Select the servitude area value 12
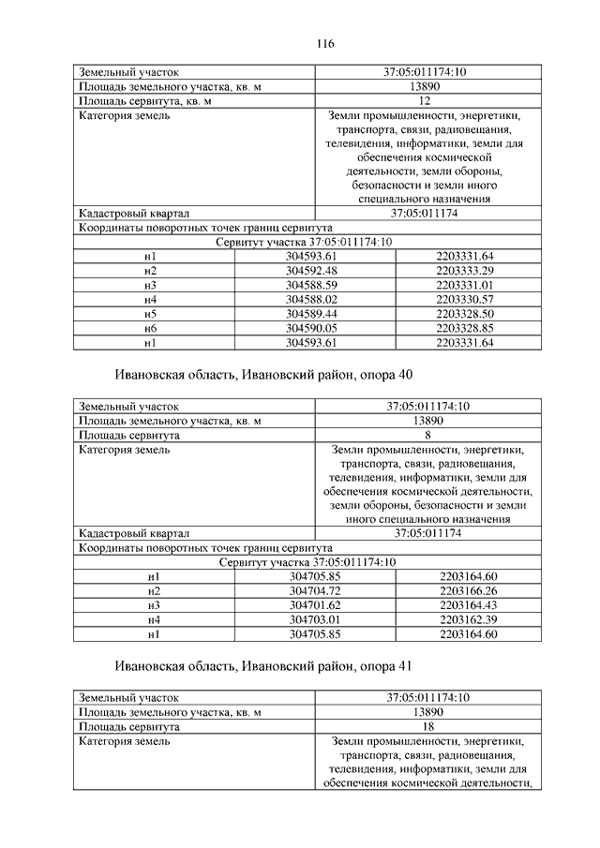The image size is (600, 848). click(425, 100)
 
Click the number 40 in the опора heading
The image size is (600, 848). click(404, 375)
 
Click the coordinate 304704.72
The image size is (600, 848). click(315, 590)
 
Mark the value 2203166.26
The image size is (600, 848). click(467, 590)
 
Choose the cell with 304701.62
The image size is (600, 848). click(315, 604)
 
